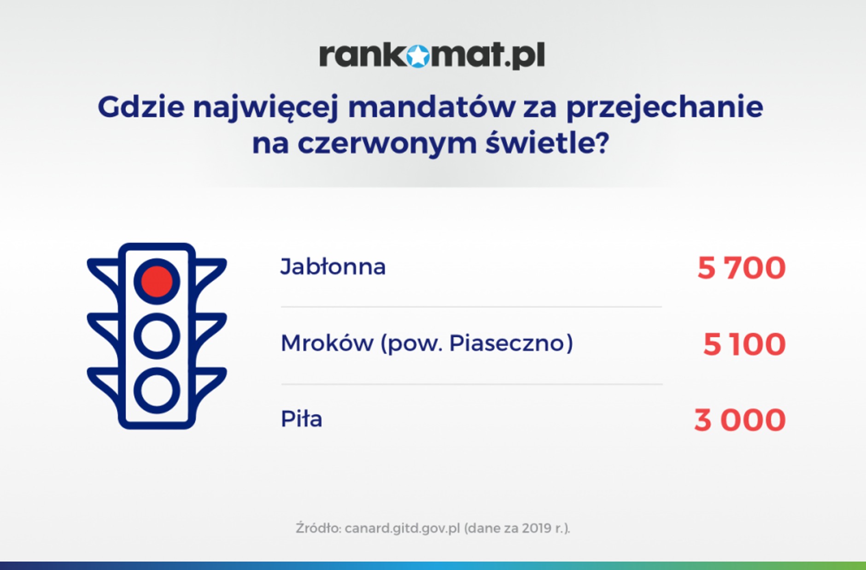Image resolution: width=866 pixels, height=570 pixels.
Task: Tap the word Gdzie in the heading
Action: click(x=141, y=107)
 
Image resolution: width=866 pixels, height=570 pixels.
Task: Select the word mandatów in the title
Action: click(x=432, y=107)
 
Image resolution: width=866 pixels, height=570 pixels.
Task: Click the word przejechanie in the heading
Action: click(x=664, y=108)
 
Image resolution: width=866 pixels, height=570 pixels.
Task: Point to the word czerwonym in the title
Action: click(x=387, y=144)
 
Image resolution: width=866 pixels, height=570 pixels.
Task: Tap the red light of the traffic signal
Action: click(x=157, y=281)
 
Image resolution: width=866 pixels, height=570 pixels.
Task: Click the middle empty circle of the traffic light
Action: click(x=157, y=336)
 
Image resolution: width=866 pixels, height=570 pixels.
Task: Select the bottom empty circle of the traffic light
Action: click(x=157, y=390)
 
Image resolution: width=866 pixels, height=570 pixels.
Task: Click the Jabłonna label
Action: click(x=333, y=267)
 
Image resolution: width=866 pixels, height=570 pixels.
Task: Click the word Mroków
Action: click(x=327, y=343)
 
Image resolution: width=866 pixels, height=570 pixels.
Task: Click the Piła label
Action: click(x=301, y=419)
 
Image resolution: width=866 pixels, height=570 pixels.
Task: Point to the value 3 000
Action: click(x=739, y=420)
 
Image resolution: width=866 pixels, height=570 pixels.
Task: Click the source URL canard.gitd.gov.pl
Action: click(x=402, y=528)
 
